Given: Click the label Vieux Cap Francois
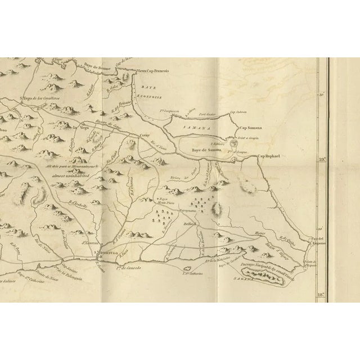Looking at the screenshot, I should pyautogui.click(x=154, y=71).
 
